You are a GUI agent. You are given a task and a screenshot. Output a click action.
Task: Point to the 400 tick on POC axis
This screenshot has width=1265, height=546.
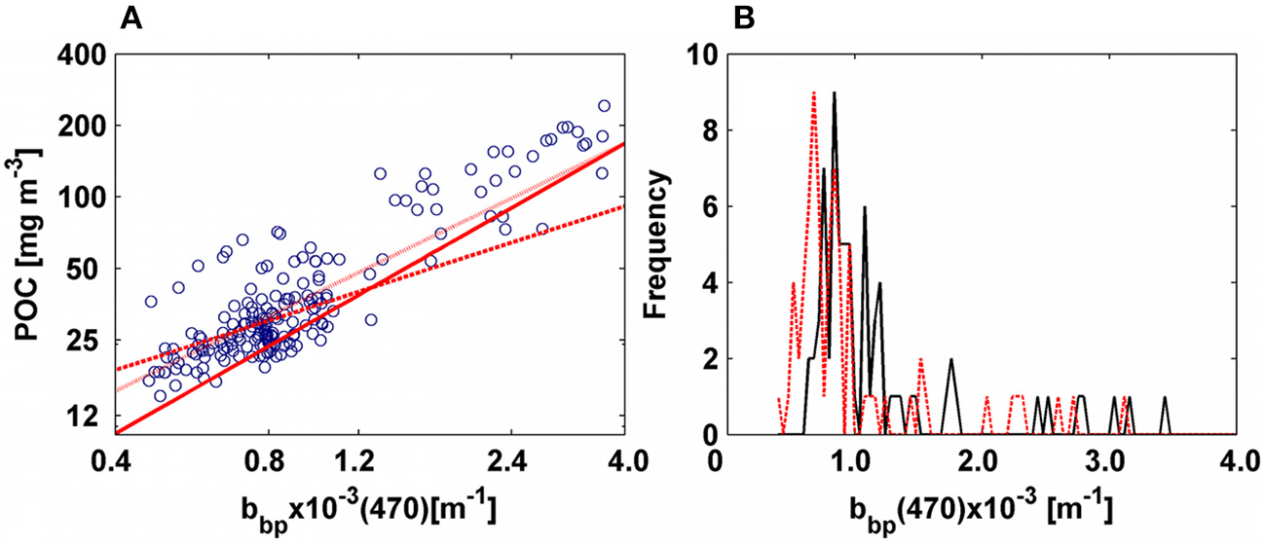tap(83, 55)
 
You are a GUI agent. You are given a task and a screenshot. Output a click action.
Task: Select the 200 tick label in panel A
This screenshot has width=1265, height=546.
tap(83, 126)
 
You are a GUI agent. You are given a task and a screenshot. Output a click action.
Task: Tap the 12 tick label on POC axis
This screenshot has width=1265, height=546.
tap(90, 416)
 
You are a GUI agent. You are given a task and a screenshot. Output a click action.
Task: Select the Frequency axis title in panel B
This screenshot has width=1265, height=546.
tap(657, 243)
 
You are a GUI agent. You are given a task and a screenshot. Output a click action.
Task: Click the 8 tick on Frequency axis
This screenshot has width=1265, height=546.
tap(698, 131)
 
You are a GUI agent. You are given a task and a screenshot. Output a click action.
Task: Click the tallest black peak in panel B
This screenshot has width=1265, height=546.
tap(835, 93)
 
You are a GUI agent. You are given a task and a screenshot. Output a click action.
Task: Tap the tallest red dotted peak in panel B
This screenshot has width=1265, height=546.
tap(813, 93)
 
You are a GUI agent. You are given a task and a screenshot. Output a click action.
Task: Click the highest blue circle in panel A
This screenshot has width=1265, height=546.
tap(604, 106)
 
